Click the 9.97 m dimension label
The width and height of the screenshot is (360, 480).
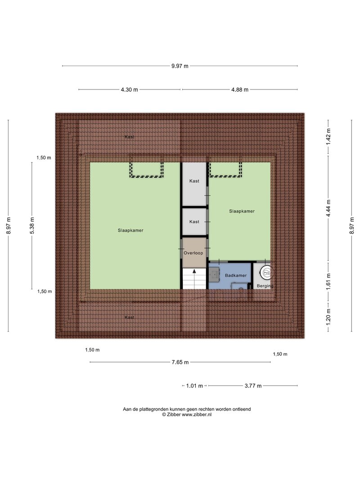pos(180,66)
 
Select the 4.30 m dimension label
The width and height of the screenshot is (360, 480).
pos(129,90)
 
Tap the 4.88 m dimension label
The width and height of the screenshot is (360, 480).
pos(240,90)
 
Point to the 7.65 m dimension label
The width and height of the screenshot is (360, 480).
pos(180,362)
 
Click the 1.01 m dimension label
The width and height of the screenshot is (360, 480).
pos(194,386)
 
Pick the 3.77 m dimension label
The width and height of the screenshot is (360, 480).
pos(253,386)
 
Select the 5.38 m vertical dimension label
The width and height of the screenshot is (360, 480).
pos(32,225)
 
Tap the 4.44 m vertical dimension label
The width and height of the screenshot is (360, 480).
pos(328,208)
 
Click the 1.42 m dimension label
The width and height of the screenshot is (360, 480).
pos(328,137)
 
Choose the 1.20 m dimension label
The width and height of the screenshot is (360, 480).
pos(328,316)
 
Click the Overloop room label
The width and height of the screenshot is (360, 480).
pos(193,253)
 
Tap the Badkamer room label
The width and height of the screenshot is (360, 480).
pos(236,275)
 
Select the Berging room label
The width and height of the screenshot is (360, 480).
pos(265,286)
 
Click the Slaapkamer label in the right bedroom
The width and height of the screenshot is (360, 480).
pos(242,211)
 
